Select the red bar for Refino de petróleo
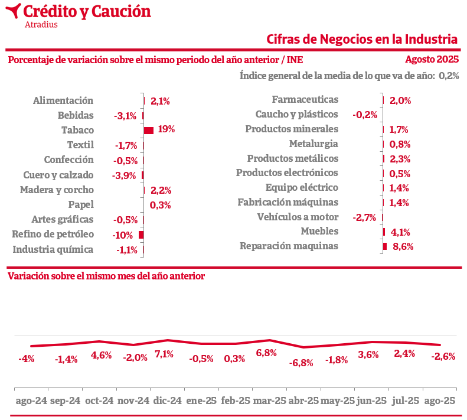141,235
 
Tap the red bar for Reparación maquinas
385,246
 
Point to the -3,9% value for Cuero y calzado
124,175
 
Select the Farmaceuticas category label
305,100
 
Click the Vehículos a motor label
298,217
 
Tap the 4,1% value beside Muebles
400,232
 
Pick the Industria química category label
53,249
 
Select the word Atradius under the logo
41,25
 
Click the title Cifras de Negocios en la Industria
362,39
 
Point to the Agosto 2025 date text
432,59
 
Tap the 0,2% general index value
449,76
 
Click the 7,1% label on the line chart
164,354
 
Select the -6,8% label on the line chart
301,363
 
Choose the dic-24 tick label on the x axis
168,401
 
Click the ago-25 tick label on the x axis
440,401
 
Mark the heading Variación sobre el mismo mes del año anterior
106,276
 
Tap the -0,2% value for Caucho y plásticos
364,115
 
